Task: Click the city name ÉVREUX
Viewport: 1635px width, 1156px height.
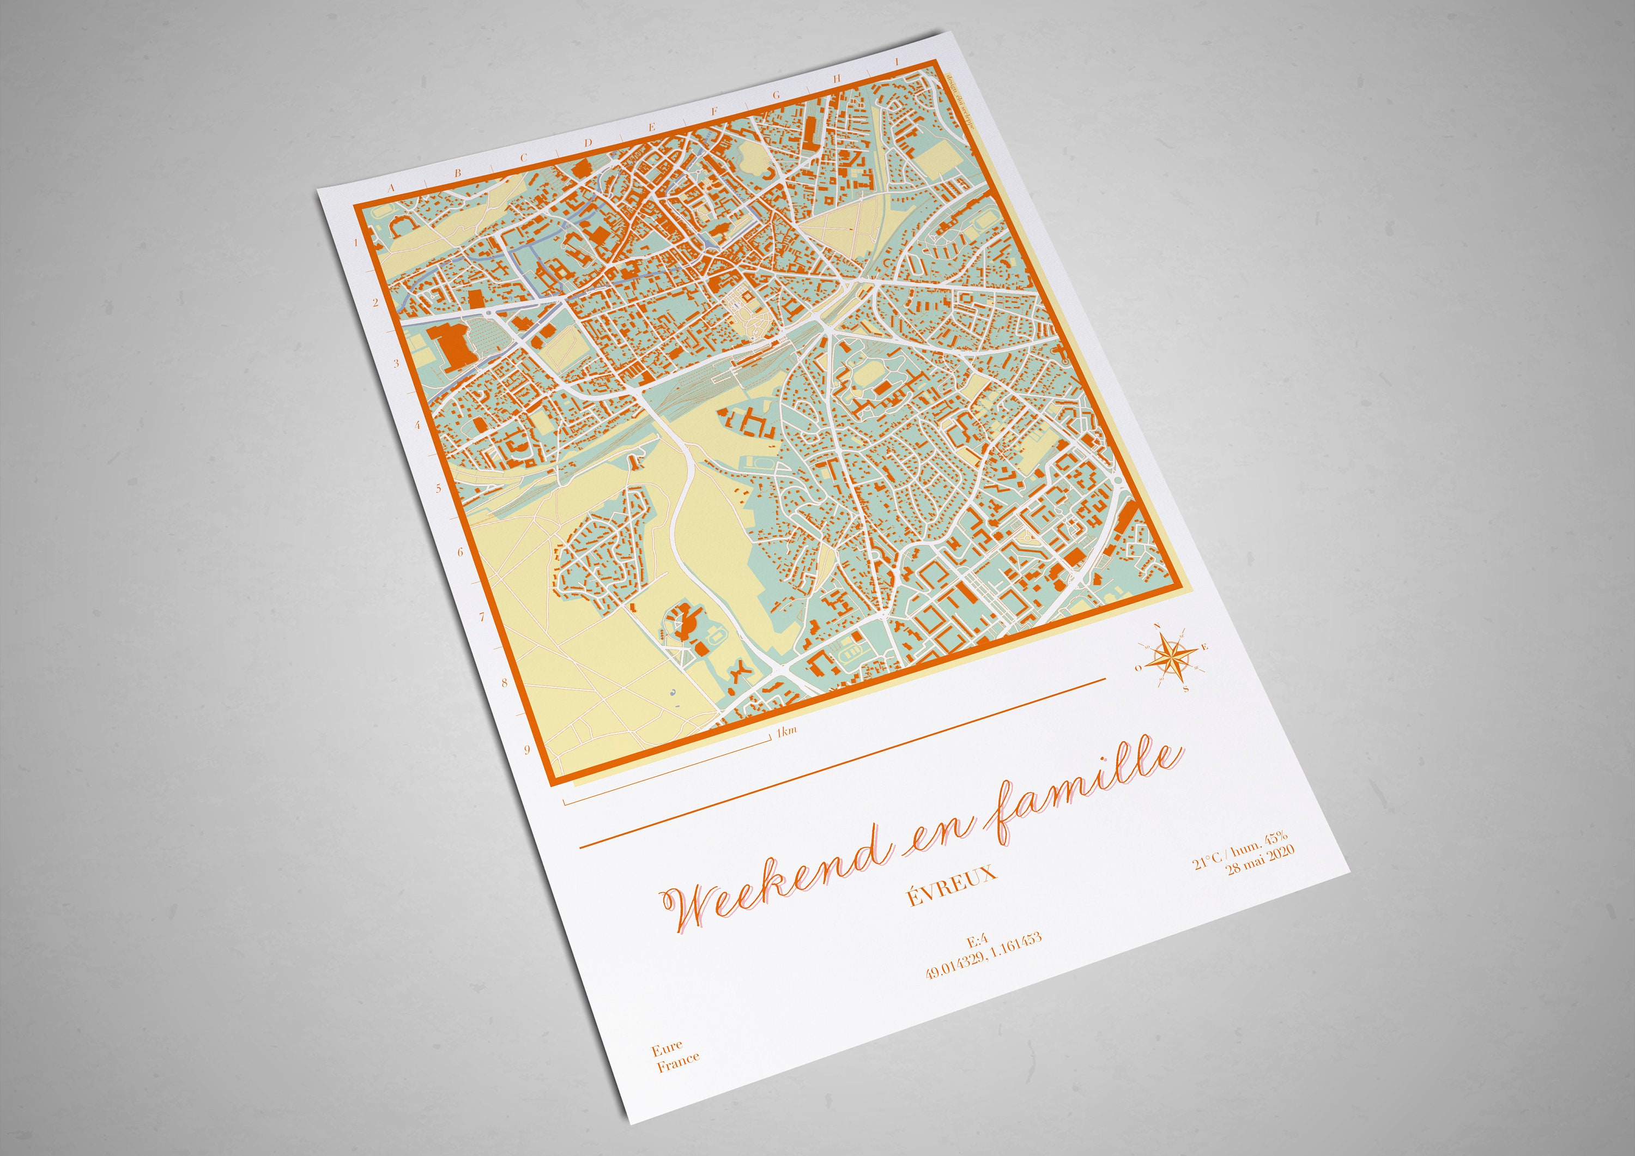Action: click(x=952, y=884)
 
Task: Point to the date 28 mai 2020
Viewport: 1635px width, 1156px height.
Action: click(x=1261, y=860)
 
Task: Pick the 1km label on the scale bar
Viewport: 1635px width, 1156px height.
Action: click(x=786, y=731)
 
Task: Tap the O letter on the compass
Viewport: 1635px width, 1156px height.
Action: click(x=1139, y=668)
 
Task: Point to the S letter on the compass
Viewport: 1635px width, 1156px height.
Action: click(x=1186, y=689)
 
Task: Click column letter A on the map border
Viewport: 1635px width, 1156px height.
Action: click(x=390, y=188)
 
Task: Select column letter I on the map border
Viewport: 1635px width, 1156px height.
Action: click(x=897, y=63)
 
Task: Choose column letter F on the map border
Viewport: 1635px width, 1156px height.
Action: click(x=715, y=111)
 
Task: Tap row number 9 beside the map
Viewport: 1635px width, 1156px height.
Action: click(x=527, y=749)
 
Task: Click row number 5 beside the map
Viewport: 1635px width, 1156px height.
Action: click(x=439, y=488)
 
